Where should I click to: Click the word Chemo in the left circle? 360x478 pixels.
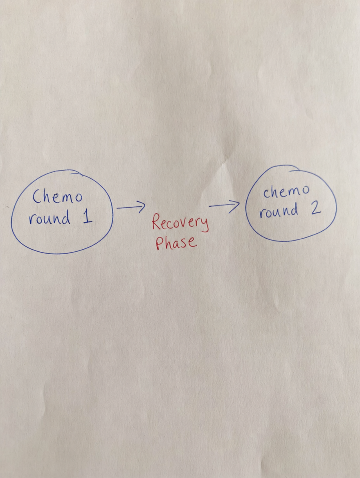pos(57,196)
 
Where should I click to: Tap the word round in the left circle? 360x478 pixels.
pos(49,218)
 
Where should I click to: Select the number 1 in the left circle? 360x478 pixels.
pos(88,217)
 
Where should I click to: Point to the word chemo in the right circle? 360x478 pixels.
pos(286,192)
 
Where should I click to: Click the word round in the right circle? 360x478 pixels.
pos(278,211)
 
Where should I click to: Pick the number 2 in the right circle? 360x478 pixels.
pos(316,207)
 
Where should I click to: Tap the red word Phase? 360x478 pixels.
pos(176,243)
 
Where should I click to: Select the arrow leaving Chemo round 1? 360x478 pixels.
pos(131,207)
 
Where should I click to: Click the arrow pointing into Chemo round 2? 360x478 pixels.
pos(224,206)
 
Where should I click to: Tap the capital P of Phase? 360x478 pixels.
pos(160,243)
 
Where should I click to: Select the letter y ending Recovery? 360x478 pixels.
pos(205,225)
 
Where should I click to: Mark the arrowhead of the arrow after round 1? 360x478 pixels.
pos(141,207)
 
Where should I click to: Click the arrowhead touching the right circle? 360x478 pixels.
pos(235,206)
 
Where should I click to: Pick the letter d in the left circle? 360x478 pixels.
pos(65,217)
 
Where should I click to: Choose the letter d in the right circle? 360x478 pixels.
pos(293,210)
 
